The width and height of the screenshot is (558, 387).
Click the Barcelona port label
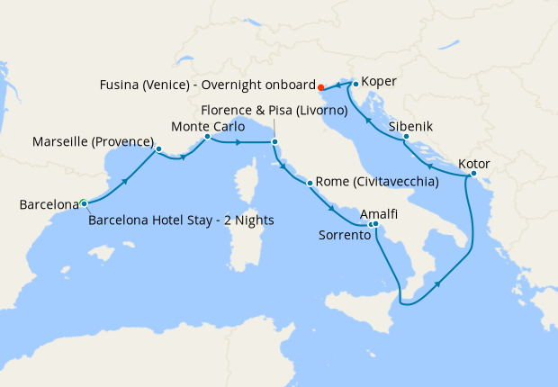coord(49,205)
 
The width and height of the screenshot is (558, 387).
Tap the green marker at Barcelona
coord(83,202)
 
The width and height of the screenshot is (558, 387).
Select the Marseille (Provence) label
coord(93,142)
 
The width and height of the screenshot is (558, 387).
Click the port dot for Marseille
coord(158,148)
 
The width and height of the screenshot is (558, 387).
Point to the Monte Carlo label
coord(208,126)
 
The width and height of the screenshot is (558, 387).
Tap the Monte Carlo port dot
coord(207,137)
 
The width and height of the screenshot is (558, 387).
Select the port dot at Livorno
coord(274,141)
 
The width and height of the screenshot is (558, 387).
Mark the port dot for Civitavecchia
coord(310,184)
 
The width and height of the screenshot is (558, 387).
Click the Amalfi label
coord(378,216)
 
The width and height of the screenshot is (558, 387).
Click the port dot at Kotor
coord(473,174)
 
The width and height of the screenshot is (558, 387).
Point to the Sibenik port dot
coord(407,137)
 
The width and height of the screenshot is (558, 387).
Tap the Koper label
coord(379,80)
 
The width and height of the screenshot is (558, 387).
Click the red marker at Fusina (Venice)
coord(319,87)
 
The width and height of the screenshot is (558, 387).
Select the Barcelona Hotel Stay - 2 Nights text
coord(182,220)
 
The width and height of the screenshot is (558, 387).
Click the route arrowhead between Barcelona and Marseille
coord(122,181)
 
